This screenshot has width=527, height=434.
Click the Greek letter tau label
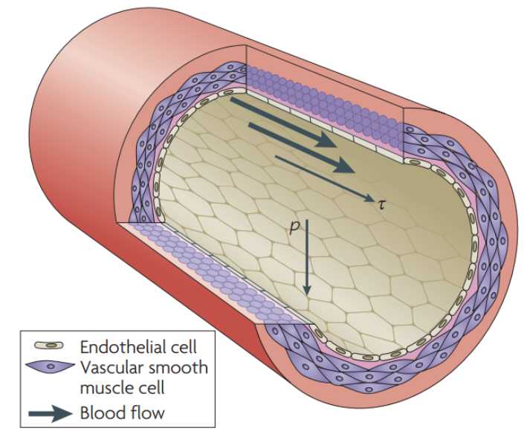coord(381,202)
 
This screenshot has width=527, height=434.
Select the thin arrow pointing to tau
coord(323,178)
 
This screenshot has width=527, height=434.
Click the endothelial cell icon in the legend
coord(49,347)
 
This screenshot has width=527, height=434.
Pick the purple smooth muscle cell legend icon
coord(49,367)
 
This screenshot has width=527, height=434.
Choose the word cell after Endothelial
coord(182,347)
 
